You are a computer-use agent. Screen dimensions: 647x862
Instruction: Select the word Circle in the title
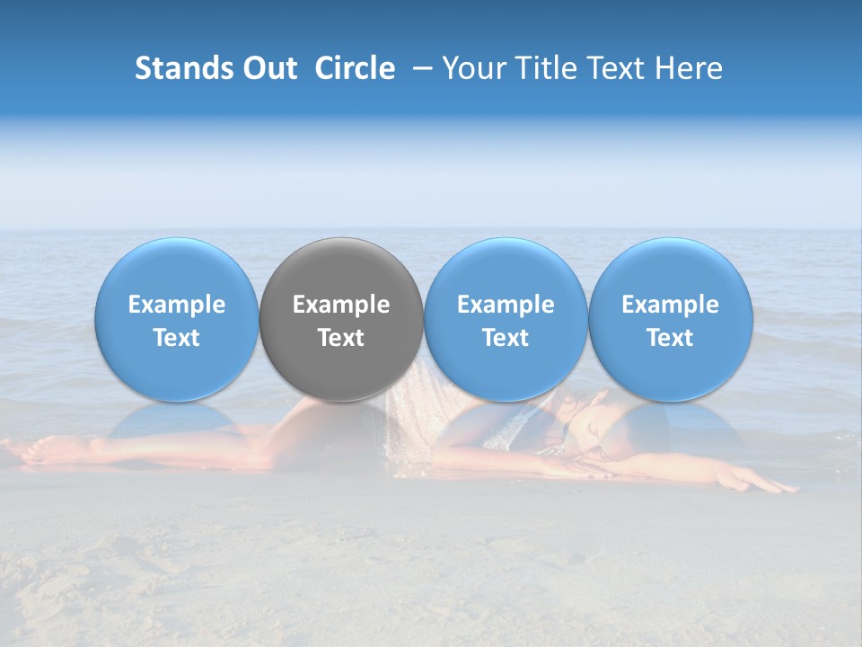tap(355, 68)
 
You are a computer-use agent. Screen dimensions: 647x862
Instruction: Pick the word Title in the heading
tap(541, 68)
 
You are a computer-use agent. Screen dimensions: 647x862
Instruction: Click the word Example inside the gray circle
tap(341, 305)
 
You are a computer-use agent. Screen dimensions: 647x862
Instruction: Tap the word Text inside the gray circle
tap(341, 338)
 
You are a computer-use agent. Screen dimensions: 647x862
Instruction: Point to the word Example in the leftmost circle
tap(176, 305)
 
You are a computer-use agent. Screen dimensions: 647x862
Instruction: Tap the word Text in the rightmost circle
tap(671, 338)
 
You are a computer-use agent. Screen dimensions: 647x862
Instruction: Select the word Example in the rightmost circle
tap(671, 305)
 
